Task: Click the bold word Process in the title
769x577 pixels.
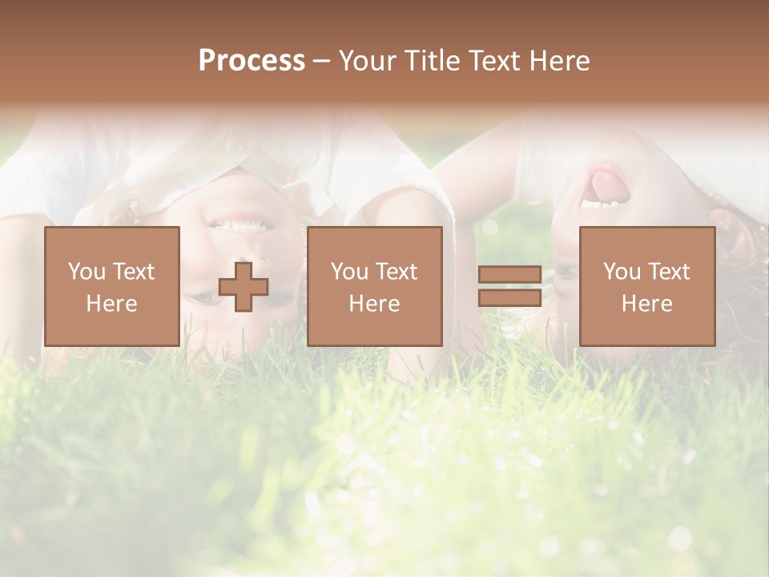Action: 252,61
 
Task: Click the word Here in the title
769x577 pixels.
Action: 561,61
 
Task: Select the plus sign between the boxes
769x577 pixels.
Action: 244,287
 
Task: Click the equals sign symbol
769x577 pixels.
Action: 509,286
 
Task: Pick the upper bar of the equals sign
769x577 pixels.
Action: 509,275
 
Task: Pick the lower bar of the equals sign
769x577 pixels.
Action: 509,297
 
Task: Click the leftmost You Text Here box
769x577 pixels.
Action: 111,286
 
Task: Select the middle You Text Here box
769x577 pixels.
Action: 374,286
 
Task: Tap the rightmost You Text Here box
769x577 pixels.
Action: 646,286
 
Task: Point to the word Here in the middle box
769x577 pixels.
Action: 374,304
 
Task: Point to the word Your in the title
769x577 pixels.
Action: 367,61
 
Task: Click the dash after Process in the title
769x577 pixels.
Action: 322,62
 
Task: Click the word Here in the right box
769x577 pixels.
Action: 646,304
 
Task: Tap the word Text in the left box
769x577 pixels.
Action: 133,272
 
